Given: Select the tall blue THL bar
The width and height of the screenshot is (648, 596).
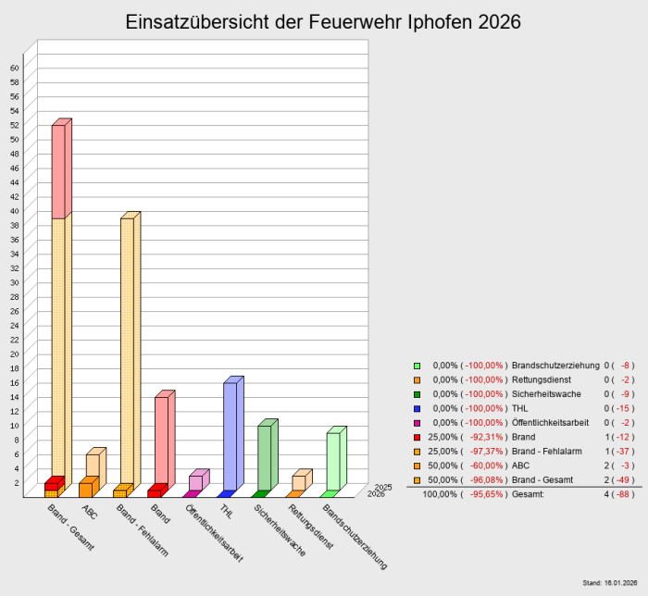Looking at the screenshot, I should [x=230, y=435].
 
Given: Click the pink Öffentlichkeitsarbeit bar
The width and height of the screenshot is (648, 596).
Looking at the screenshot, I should [x=195, y=482].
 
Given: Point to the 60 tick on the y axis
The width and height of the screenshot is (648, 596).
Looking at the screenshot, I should [x=15, y=68].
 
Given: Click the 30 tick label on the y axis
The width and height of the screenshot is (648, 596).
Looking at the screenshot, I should [x=15, y=282].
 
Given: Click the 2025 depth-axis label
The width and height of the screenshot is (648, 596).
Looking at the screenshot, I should [x=383, y=487].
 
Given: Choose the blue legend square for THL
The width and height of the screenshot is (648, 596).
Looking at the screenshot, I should [x=417, y=408].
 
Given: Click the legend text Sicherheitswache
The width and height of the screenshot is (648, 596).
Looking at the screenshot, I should [x=548, y=393].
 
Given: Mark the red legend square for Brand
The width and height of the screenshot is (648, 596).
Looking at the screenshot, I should [x=417, y=436].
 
